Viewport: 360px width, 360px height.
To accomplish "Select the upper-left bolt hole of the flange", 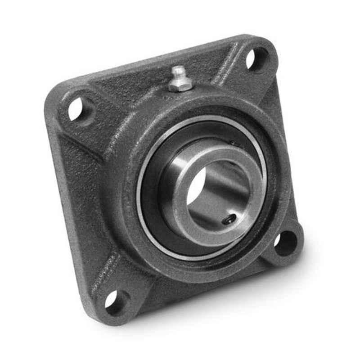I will (76, 109).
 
